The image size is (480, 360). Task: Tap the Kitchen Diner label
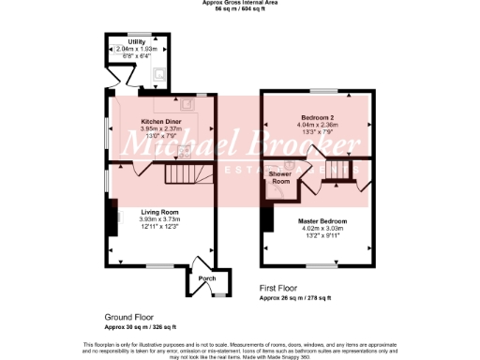pos(161,122)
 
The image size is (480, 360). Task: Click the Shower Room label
pos(280,177)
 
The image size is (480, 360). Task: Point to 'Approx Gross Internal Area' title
pos(240,3)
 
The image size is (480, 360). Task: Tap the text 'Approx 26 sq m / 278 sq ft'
pos(295,297)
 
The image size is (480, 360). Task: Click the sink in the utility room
pos(158,72)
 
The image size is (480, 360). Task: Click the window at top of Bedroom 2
pos(319,91)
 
